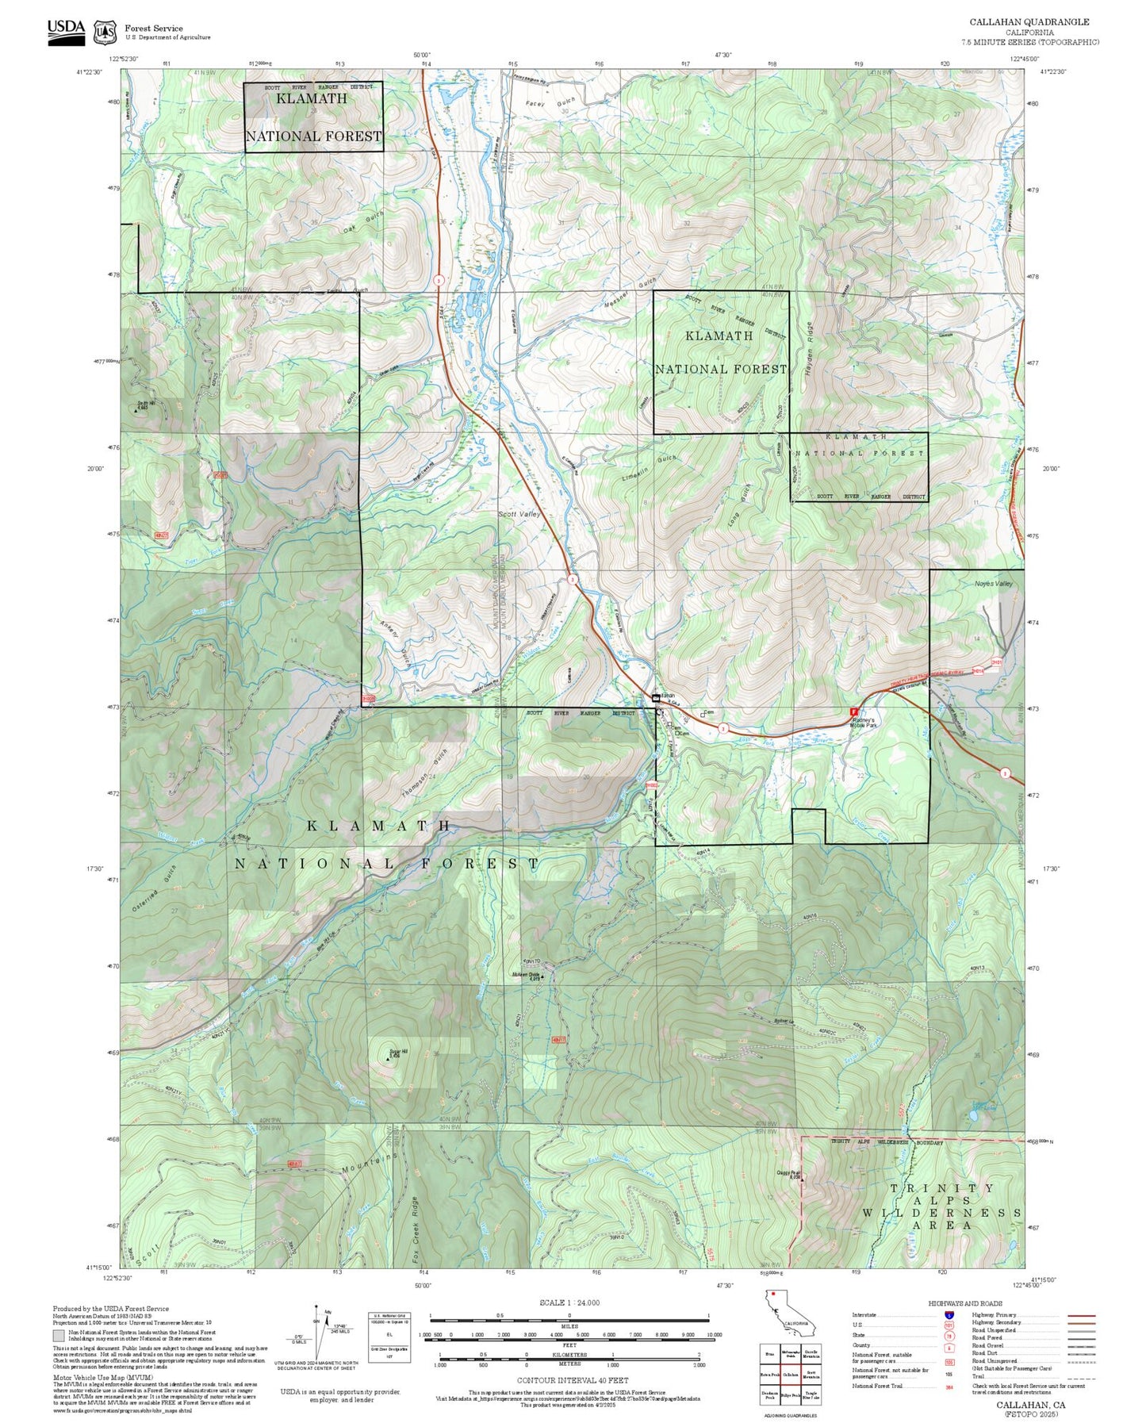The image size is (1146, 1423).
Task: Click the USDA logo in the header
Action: point(66,32)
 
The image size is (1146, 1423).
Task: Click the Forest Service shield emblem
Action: point(105,33)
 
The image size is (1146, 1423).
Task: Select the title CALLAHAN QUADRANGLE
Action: point(1029,22)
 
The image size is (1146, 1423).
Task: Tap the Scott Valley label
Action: point(519,514)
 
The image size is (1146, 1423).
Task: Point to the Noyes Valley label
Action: point(994,584)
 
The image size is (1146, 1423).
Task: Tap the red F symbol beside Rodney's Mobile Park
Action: point(854,712)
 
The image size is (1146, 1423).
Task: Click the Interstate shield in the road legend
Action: point(949,1315)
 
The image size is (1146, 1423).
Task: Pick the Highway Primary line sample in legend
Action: point(1082,1315)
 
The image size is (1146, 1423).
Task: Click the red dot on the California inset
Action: point(772,1295)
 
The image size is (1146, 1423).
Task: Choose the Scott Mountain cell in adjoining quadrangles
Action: point(811,1373)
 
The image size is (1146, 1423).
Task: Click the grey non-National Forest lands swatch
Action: point(59,1334)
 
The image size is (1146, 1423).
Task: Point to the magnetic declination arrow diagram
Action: point(317,1335)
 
